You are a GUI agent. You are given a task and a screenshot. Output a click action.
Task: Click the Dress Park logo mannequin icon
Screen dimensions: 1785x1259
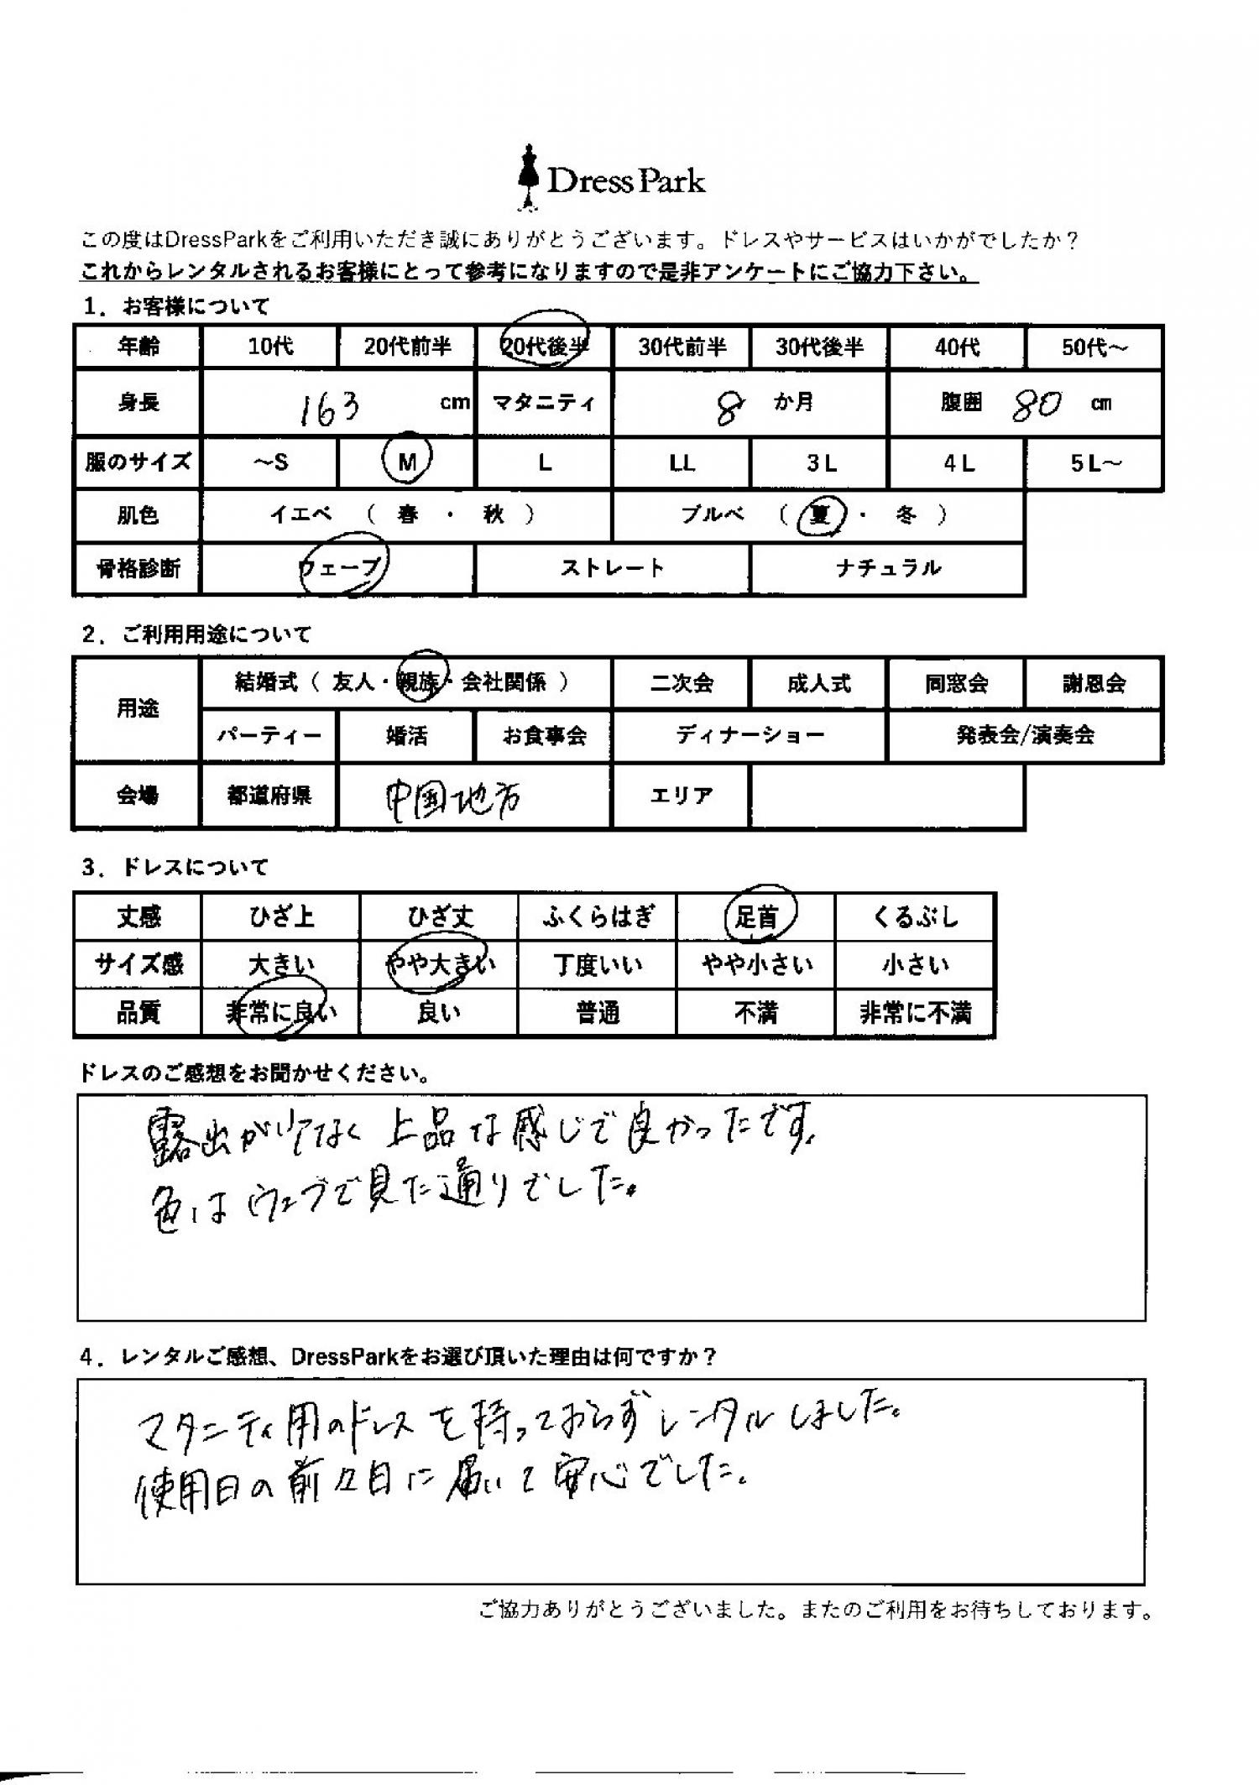coord(528,179)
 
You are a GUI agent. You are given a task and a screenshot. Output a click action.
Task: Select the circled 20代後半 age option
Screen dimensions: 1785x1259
coord(545,346)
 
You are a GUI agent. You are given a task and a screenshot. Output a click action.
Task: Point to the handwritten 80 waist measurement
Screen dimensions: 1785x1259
coord(1037,406)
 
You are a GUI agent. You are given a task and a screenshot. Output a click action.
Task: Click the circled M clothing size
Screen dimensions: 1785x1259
coord(407,462)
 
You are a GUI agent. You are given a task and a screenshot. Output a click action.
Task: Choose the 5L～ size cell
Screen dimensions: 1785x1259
coord(1094,462)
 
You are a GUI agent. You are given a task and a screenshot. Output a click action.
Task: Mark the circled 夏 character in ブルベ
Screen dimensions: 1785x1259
coord(819,514)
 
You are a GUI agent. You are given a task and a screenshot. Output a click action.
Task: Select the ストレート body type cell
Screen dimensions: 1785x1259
coord(612,568)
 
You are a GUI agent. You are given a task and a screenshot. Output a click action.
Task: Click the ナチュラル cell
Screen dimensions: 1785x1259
coord(887,568)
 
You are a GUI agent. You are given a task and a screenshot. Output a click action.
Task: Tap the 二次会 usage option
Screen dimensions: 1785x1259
coord(681,682)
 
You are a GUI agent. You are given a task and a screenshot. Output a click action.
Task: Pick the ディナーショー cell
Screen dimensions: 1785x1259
coord(750,735)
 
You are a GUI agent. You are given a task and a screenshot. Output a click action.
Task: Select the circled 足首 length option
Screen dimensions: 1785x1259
coord(756,916)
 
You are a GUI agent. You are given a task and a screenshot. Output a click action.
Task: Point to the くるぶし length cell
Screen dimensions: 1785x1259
coord(915,916)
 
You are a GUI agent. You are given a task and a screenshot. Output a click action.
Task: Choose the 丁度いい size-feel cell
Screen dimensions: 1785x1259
coord(597,965)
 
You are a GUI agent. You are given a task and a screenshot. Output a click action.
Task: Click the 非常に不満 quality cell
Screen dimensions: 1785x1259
coord(915,1013)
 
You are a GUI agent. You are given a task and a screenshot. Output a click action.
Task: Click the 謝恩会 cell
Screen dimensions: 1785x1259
coord(1094,682)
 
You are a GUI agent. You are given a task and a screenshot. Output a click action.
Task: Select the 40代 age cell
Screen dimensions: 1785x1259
coord(957,346)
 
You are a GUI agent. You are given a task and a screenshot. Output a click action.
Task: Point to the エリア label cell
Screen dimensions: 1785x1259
coord(681,794)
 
